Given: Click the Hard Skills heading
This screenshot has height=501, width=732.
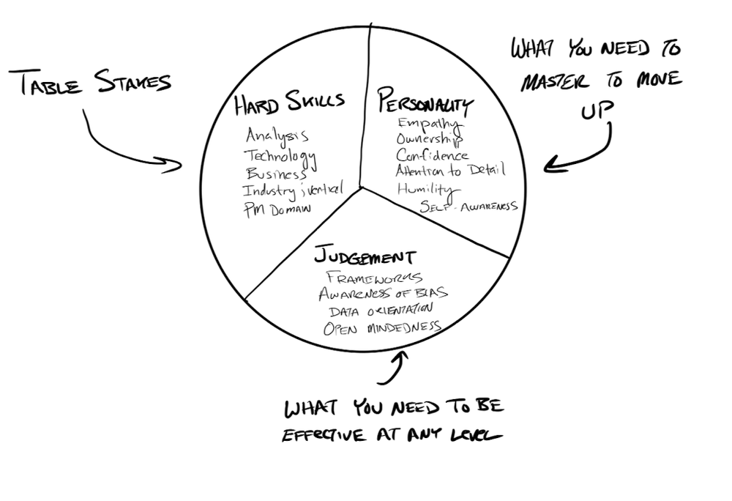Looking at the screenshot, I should coord(288,104).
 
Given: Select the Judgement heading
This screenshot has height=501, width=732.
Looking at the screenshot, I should coord(365,257).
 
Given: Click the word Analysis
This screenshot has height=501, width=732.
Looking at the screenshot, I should coord(277,136).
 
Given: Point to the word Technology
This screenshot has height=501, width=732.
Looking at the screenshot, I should coord(280,155).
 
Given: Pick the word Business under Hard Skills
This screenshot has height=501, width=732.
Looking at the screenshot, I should coord(275,174).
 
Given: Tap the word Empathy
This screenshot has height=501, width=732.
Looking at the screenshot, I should coord(428,123).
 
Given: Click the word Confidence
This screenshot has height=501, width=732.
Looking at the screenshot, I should coord(432,155).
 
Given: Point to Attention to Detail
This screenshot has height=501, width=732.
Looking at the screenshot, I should coord(449,171).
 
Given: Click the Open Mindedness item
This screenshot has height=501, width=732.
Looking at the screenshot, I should coord(381,327).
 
